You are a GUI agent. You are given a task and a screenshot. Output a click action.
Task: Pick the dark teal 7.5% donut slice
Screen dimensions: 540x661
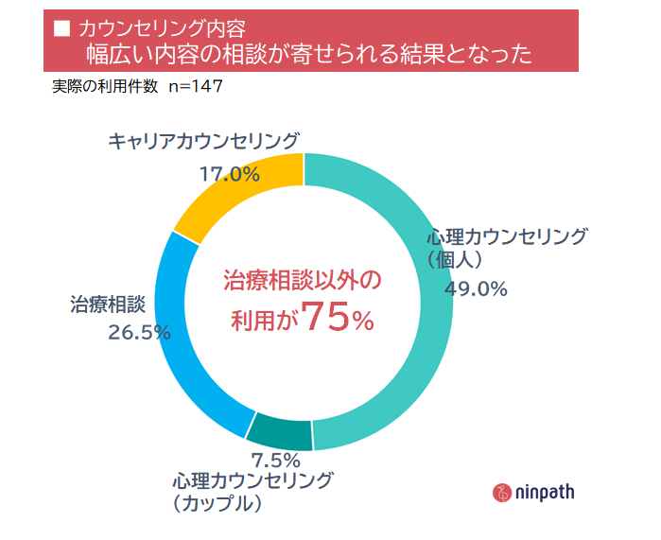point(280,432)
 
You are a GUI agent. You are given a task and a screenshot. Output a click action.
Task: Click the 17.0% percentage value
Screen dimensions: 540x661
point(229,174)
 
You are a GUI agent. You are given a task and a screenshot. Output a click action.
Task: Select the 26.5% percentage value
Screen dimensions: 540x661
point(139,332)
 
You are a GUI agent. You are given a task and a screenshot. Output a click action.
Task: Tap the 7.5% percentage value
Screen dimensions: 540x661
point(276,461)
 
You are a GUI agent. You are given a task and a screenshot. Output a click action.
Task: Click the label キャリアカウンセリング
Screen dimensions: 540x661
point(203,142)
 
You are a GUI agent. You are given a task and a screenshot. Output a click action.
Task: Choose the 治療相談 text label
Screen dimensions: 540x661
point(107,305)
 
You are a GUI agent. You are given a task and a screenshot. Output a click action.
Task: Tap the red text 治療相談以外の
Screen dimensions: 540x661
point(301,281)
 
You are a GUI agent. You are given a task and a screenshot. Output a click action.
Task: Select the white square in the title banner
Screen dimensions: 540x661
point(62,26)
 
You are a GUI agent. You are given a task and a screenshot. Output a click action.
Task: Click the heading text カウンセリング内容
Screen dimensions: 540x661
point(153,26)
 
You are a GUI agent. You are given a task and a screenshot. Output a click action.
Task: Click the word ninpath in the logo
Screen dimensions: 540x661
point(545,492)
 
